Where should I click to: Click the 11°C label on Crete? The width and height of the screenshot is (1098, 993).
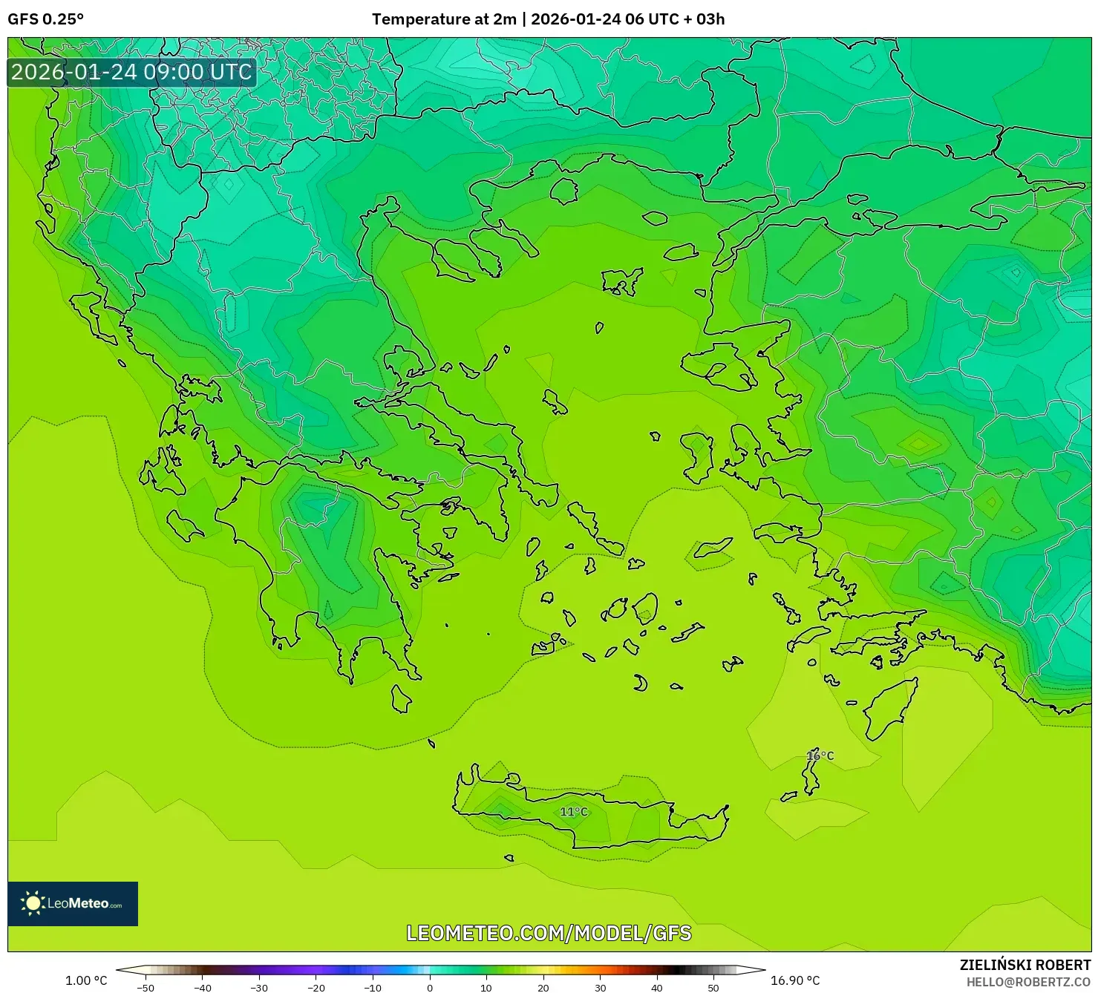click(x=573, y=812)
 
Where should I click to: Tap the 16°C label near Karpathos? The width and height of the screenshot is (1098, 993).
click(x=820, y=756)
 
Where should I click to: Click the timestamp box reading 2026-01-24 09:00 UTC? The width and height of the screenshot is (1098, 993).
click(x=132, y=72)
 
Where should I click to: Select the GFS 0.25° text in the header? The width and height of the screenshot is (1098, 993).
click(x=46, y=19)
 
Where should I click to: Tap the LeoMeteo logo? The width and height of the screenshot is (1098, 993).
click(x=73, y=903)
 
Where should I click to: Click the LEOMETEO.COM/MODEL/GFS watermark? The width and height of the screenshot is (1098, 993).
click(x=549, y=933)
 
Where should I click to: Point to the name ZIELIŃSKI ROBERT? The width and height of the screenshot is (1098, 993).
click(x=1025, y=965)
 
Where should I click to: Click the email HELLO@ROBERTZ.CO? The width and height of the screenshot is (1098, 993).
click(x=1027, y=982)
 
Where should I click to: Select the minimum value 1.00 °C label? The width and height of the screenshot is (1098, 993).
click(x=86, y=980)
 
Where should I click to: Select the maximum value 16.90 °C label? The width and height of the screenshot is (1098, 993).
click(x=795, y=980)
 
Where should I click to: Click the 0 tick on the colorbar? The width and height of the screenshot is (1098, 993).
click(x=429, y=988)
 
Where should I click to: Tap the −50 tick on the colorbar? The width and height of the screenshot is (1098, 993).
click(x=146, y=988)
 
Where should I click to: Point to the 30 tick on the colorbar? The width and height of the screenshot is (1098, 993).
click(x=600, y=988)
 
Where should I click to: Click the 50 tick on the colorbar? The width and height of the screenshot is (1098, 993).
click(x=713, y=988)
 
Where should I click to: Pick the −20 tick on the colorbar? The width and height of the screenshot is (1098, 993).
click(x=316, y=988)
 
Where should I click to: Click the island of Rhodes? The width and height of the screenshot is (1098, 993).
click(x=889, y=707)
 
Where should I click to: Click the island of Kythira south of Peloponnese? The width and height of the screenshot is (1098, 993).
click(x=401, y=698)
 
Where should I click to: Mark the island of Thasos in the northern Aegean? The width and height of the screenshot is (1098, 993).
click(x=564, y=191)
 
